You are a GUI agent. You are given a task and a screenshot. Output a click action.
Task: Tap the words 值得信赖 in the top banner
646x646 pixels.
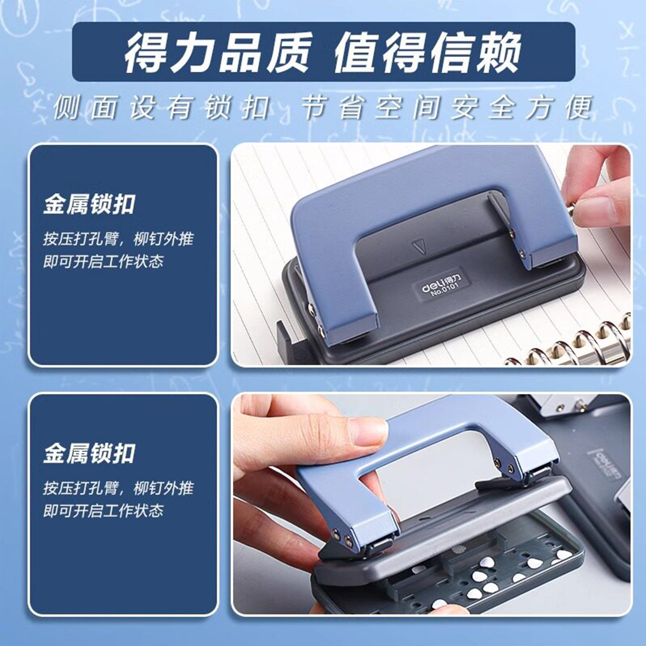click(x=428, y=52)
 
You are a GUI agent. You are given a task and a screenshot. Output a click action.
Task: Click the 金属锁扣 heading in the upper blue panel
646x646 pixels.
click(x=89, y=205)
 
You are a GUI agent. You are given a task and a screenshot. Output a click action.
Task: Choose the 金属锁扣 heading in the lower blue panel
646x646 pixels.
click(x=89, y=454)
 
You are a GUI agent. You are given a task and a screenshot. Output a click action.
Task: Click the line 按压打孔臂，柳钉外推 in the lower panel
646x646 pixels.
click(x=118, y=489)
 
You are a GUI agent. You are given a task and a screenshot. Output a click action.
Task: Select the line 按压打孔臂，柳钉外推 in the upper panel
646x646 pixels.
click(x=118, y=240)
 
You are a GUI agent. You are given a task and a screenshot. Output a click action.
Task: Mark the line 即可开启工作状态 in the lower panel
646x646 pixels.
click(x=103, y=511)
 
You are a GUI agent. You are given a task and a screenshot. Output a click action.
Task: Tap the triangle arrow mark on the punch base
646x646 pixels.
click(x=419, y=246)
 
